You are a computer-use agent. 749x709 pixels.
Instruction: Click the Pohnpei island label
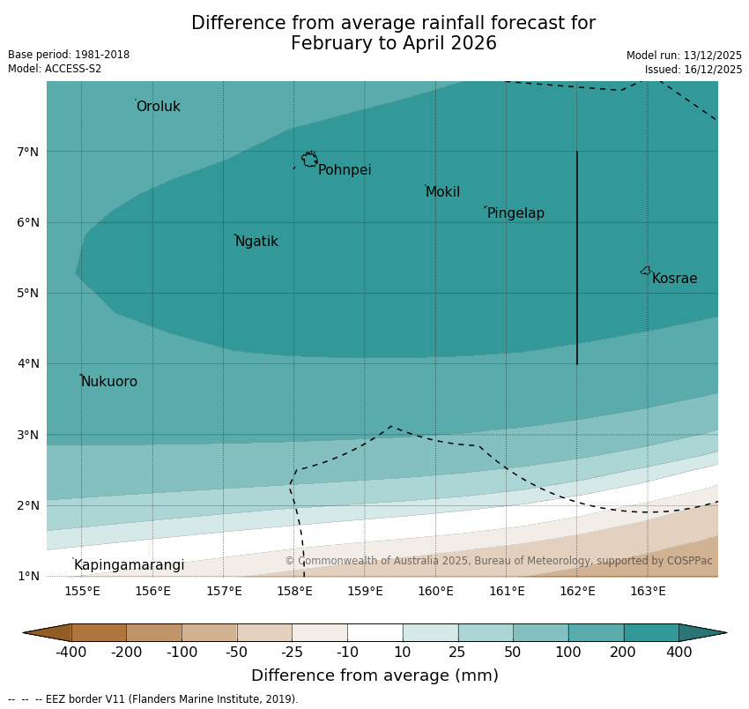click(345, 170)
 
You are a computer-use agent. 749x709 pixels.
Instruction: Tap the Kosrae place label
click(674, 279)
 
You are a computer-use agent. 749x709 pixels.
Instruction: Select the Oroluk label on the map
click(159, 107)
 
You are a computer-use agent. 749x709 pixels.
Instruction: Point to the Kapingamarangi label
click(130, 565)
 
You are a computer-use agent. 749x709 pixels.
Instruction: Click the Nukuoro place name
click(109, 382)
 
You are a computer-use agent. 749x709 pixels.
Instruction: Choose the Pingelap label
click(515, 213)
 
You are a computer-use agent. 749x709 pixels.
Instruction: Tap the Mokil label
click(442, 192)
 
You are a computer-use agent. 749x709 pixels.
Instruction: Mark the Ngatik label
click(256, 242)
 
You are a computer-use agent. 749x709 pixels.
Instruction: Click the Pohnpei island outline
click(309, 160)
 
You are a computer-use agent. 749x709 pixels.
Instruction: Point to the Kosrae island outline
click(646, 271)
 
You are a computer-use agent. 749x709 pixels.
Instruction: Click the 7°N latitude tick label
click(28, 152)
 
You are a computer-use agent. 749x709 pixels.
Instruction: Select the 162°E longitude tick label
click(577, 591)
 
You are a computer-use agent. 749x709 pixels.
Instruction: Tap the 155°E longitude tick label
click(82, 591)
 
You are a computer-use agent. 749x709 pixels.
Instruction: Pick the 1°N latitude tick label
click(28, 576)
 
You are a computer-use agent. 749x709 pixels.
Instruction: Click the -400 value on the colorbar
click(71, 653)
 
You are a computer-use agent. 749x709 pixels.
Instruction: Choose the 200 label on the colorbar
click(624, 653)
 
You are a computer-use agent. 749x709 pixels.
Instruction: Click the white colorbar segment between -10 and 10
click(374, 632)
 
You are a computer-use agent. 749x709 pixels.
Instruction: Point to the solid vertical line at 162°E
click(577, 256)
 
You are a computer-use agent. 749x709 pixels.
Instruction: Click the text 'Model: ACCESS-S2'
click(55, 69)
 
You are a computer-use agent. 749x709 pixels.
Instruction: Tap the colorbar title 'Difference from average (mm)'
click(374, 676)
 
